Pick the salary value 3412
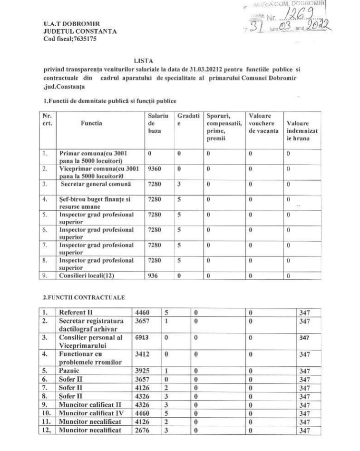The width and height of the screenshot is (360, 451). pos(144,354)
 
